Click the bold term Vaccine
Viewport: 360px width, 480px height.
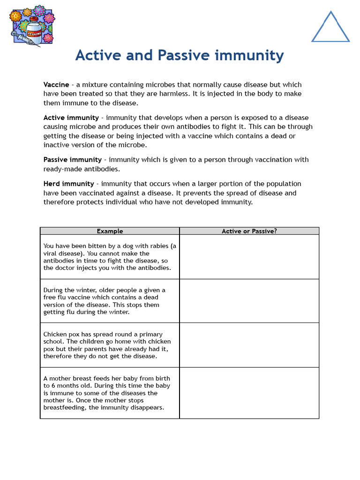click(x=56, y=85)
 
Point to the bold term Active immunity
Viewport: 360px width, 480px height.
click(x=71, y=118)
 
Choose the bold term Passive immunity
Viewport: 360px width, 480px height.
click(x=73, y=160)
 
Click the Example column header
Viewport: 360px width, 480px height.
click(x=110, y=231)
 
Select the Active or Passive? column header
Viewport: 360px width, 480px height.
click(x=249, y=231)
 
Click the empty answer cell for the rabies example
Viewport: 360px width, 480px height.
click(x=249, y=257)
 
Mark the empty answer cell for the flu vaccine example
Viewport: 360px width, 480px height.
click(x=249, y=301)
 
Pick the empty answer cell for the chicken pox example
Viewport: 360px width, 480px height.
click(x=249, y=345)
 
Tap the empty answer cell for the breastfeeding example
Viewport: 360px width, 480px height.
click(x=249, y=393)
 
